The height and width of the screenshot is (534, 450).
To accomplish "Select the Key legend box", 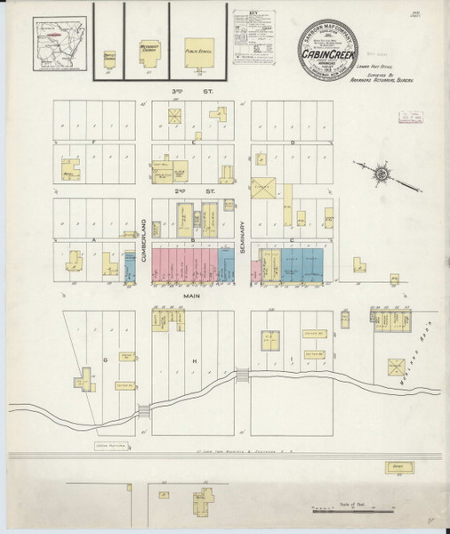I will [x=251, y=38].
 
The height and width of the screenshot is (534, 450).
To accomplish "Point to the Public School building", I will [x=198, y=51].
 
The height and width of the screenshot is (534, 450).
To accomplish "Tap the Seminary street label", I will [x=242, y=239].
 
